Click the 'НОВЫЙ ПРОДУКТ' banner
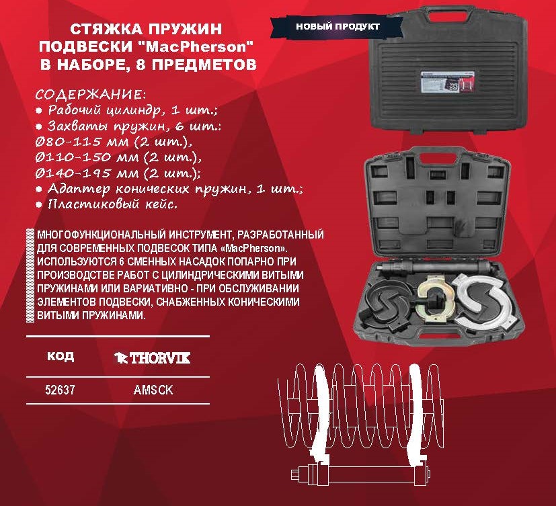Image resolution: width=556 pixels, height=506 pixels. (337, 27)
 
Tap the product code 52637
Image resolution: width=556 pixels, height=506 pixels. (60, 390)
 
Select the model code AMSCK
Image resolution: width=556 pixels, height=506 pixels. (153, 390)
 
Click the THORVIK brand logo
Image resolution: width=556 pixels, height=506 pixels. (152, 358)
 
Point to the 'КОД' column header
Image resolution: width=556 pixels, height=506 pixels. (61, 355)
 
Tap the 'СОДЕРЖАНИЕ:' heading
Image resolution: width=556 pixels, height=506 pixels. (90, 95)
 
